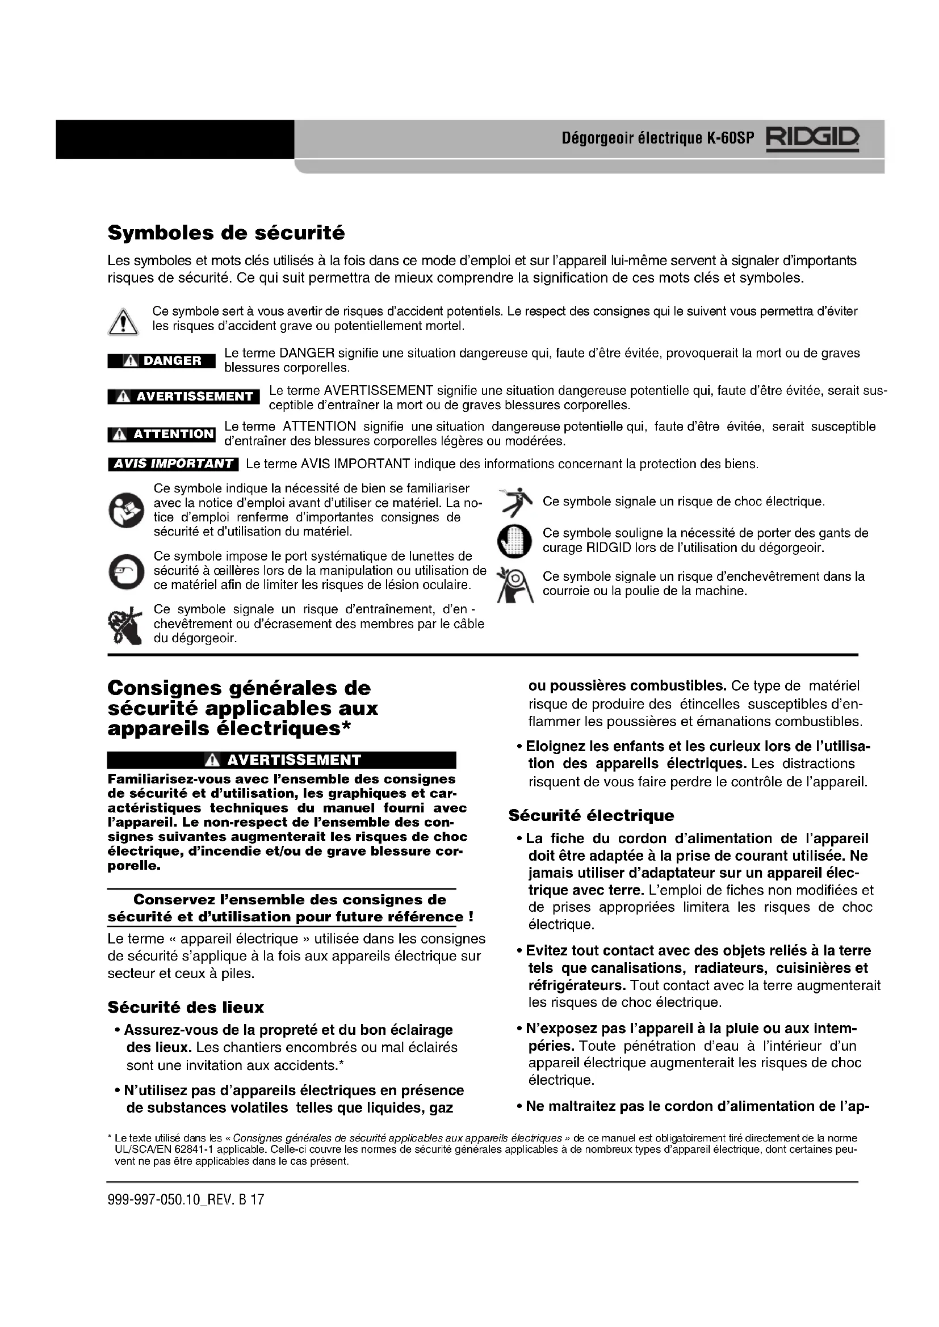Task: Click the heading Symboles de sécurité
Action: tap(226, 233)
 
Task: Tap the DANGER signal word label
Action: tap(161, 361)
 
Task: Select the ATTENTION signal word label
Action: tap(161, 434)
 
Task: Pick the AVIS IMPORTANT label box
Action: tap(173, 464)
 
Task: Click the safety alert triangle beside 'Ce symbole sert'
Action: tap(123, 322)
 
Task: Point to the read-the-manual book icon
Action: tap(126, 509)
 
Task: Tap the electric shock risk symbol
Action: tap(516, 502)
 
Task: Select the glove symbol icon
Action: tap(514, 541)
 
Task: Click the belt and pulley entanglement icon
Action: tap(515, 585)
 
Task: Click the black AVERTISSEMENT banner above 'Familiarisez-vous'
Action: tap(282, 760)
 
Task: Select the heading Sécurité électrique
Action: tap(591, 815)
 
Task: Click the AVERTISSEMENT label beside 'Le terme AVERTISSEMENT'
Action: tap(184, 397)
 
